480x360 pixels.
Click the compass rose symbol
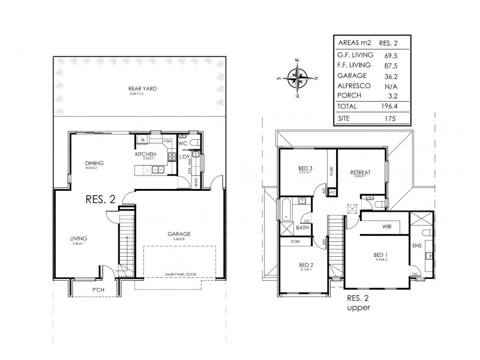pyautogui.click(x=297, y=77)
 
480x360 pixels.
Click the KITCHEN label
pyautogui.click(x=145, y=155)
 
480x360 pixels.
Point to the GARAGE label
pyautogui.click(x=179, y=233)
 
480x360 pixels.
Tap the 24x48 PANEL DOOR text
pyautogui.click(x=179, y=276)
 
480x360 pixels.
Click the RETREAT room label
pyautogui.click(x=360, y=172)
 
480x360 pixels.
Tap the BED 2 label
pyautogui.click(x=307, y=265)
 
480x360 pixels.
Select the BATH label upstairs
pyautogui.click(x=302, y=228)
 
